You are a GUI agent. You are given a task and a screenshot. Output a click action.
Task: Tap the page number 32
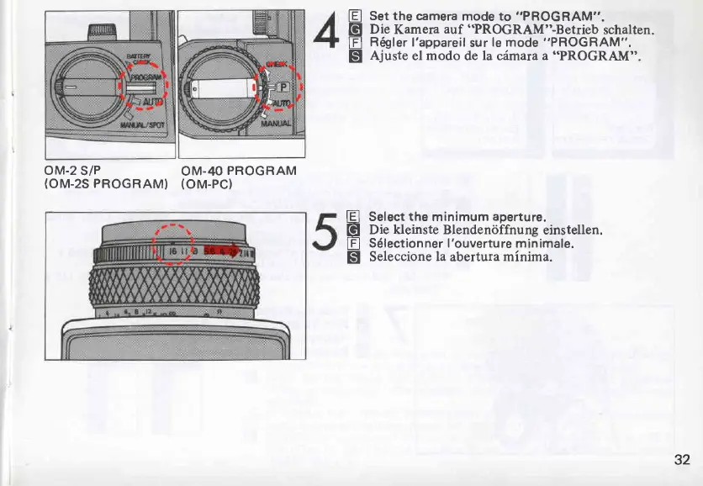(681, 459)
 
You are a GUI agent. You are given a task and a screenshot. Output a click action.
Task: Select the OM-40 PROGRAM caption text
(238, 171)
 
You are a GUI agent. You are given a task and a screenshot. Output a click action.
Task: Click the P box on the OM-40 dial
(283, 87)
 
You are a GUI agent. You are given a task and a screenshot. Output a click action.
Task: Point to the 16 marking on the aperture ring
(172, 251)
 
